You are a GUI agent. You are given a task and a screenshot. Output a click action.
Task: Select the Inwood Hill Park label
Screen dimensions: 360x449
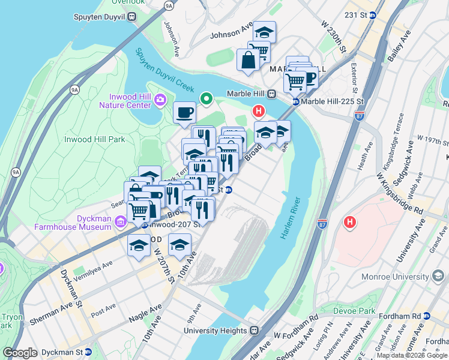click(x=94, y=139)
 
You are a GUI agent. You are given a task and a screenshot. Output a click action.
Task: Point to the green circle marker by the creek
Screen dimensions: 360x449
click(x=206, y=98)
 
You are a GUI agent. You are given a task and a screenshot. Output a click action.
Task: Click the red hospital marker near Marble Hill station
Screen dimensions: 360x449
click(x=259, y=111)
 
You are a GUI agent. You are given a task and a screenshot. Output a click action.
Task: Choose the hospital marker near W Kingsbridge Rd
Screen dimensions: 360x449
click(x=350, y=223)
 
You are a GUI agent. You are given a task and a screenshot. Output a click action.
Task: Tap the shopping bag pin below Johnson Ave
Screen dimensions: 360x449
click(x=247, y=60)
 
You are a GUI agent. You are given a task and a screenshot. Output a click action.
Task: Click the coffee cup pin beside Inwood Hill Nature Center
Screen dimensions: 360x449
click(x=184, y=112)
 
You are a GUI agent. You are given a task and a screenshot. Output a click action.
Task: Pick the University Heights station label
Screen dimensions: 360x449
click(x=215, y=330)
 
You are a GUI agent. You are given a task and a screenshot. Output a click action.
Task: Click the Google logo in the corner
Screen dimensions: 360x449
click(x=20, y=353)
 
